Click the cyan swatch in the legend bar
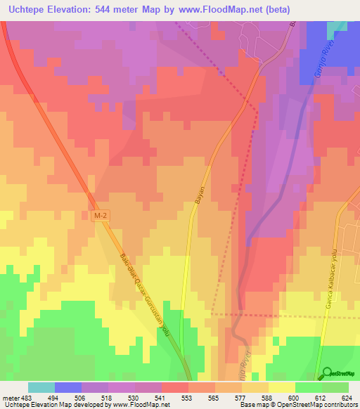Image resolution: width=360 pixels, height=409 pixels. pos(41,387)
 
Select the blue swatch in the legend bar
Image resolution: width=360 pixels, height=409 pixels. pos(68,387)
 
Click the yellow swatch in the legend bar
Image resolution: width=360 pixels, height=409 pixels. pos(282,387)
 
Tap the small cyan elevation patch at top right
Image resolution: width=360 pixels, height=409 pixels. pos(338,26)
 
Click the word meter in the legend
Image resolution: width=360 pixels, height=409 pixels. pos(11,397)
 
